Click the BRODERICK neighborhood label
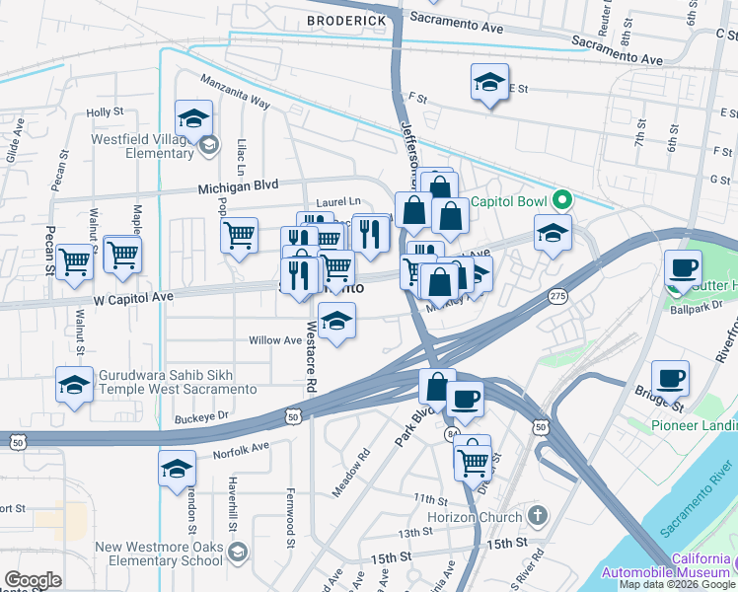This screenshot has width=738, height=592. click(x=345, y=20)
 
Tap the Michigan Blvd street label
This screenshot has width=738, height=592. click(x=239, y=185)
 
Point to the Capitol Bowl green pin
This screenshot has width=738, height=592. click(x=562, y=200)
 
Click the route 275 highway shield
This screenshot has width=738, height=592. click(x=558, y=295)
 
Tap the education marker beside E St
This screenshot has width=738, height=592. click(x=488, y=84)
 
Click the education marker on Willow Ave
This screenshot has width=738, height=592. click(x=336, y=323)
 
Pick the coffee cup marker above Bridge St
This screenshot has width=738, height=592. click(x=670, y=378)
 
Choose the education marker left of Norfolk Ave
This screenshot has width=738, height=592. click(x=176, y=468)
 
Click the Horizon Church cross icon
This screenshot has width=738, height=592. click(x=537, y=516)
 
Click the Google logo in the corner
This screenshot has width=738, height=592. click(x=34, y=580)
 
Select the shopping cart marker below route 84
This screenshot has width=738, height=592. click(x=474, y=458)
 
